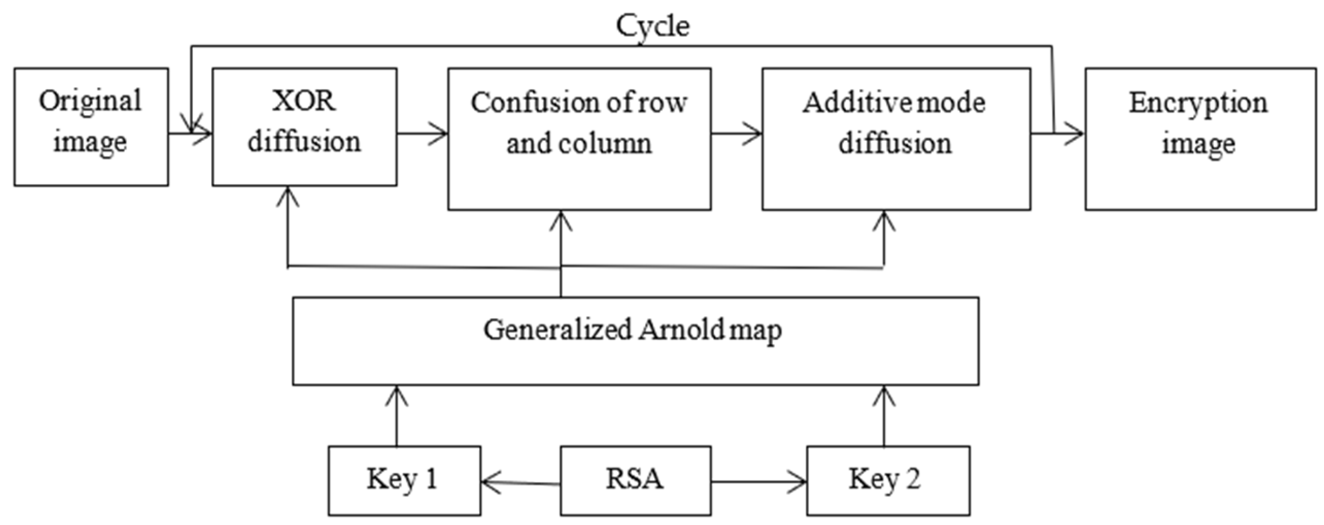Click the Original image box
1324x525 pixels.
[91, 127]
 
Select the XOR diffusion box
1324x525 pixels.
[304, 127]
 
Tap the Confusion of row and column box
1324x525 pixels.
[579, 139]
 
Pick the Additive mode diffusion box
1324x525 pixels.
[896, 139]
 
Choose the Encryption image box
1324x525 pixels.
[1200, 139]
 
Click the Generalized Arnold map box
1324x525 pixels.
[635, 341]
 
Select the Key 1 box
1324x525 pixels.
[404, 481]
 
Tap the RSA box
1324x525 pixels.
[635, 481]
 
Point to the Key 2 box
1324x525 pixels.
[888, 481]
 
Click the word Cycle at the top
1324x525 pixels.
[652, 26]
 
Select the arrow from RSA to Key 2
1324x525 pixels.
[758, 482]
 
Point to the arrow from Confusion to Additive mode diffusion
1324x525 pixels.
[737, 133]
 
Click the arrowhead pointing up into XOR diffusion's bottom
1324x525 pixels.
[287, 197]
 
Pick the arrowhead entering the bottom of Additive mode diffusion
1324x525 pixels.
[884, 221]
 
